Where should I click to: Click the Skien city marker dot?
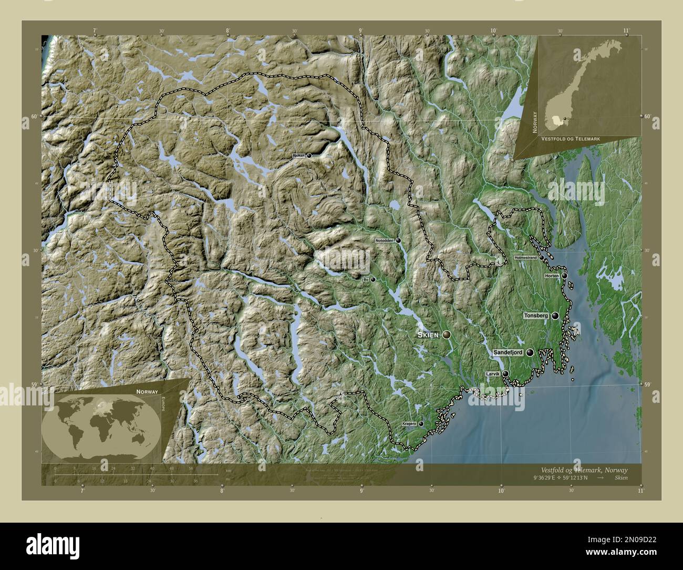pyautogui.click(x=447, y=334)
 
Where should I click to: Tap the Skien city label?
pyautogui.click(x=429, y=335)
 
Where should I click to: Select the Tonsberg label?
pyautogui.click(x=536, y=315)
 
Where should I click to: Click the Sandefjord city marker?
pyautogui.click(x=530, y=353)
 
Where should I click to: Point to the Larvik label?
pyautogui.click(x=493, y=374)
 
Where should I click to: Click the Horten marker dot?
pyautogui.click(x=564, y=276)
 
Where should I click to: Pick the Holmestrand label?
pyautogui.click(x=525, y=258)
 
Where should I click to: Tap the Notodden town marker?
pyautogui.click(x=399, y=240)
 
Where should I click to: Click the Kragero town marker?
pyautogui.click(x=421, y=423)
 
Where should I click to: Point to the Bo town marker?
pyautogui.click(x=373, y=280)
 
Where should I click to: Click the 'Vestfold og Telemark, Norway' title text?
pyautogui.click(x=584, y=470)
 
